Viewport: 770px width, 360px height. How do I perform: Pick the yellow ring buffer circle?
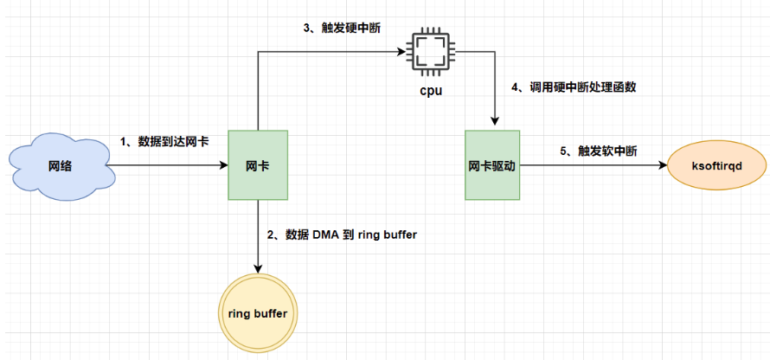tap(257, 312)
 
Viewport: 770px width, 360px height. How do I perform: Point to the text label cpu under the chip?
tap(429, 89)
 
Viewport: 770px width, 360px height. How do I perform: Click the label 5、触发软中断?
tap(598, 151)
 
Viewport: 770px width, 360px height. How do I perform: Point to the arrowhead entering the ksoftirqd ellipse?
tap(663, 164)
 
